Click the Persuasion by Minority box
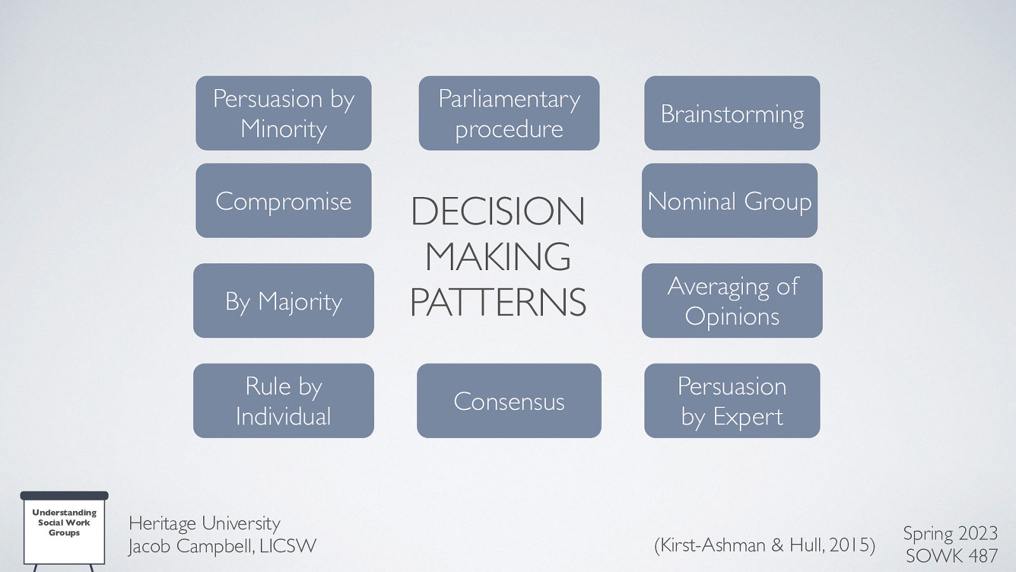(x=283, y=113)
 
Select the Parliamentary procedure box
(x=509, y=113)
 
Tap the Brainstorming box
(x=732, y=113)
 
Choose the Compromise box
(x=283, y=201)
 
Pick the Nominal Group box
(x=729, y=201)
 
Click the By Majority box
(x=283, y=301)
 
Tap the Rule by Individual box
(x=283, y=400)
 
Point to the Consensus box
(x=509, y=401)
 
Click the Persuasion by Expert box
(x=732, y=400)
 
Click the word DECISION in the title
(x=498, y=211)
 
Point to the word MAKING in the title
(x=498, y=257)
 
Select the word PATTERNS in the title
(x=498, y=303)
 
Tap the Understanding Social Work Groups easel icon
(x=64, y=528)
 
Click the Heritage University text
(x=204, y=523)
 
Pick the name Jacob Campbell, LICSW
(x=222, y=546)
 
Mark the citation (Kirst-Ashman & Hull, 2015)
(x=765, y=545)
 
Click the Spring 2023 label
(x=950, y=533)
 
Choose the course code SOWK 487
(x=951, y=555)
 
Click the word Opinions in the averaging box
(x=732, y=317)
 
